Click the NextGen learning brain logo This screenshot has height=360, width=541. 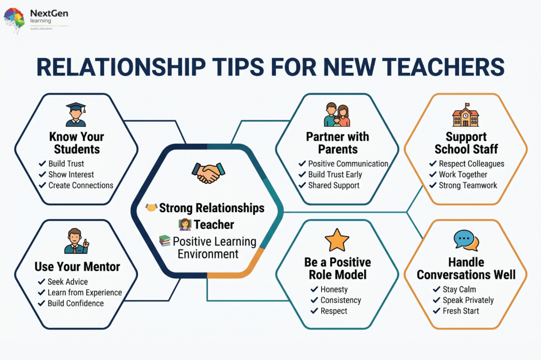click(x=14, y=20)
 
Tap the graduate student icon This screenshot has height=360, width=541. click(x=76, y=115)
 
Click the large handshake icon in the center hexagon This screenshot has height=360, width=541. click(x=208, y=173)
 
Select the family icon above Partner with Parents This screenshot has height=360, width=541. click(x=337, y=115)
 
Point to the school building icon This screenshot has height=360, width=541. click(x=466, y=115)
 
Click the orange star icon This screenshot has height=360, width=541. click(x=337, y=240)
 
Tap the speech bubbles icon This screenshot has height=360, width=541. click(x=466, y=240)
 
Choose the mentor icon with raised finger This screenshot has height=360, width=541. click(x=77, y=241)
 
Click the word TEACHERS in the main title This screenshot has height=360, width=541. click(x=443, y=67)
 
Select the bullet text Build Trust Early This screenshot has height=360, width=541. click(x=335, y=175)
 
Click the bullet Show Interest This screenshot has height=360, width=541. click(x=71, y=175)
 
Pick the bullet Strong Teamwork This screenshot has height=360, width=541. click(x=468, y=185)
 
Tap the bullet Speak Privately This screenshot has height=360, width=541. click(x=468, y=300)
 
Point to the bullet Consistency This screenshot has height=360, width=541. click(x=341, y=300)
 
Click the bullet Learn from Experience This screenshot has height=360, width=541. click(x=85, y=293)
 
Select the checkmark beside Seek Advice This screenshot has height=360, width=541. click(x=41, y=282)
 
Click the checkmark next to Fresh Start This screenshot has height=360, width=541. click(x=436, y=311)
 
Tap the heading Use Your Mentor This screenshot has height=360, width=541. click(x=77, y=267)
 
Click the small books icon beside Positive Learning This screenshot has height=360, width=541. click(x=165, y=240)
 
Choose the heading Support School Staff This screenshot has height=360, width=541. click(x=466, y=143)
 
